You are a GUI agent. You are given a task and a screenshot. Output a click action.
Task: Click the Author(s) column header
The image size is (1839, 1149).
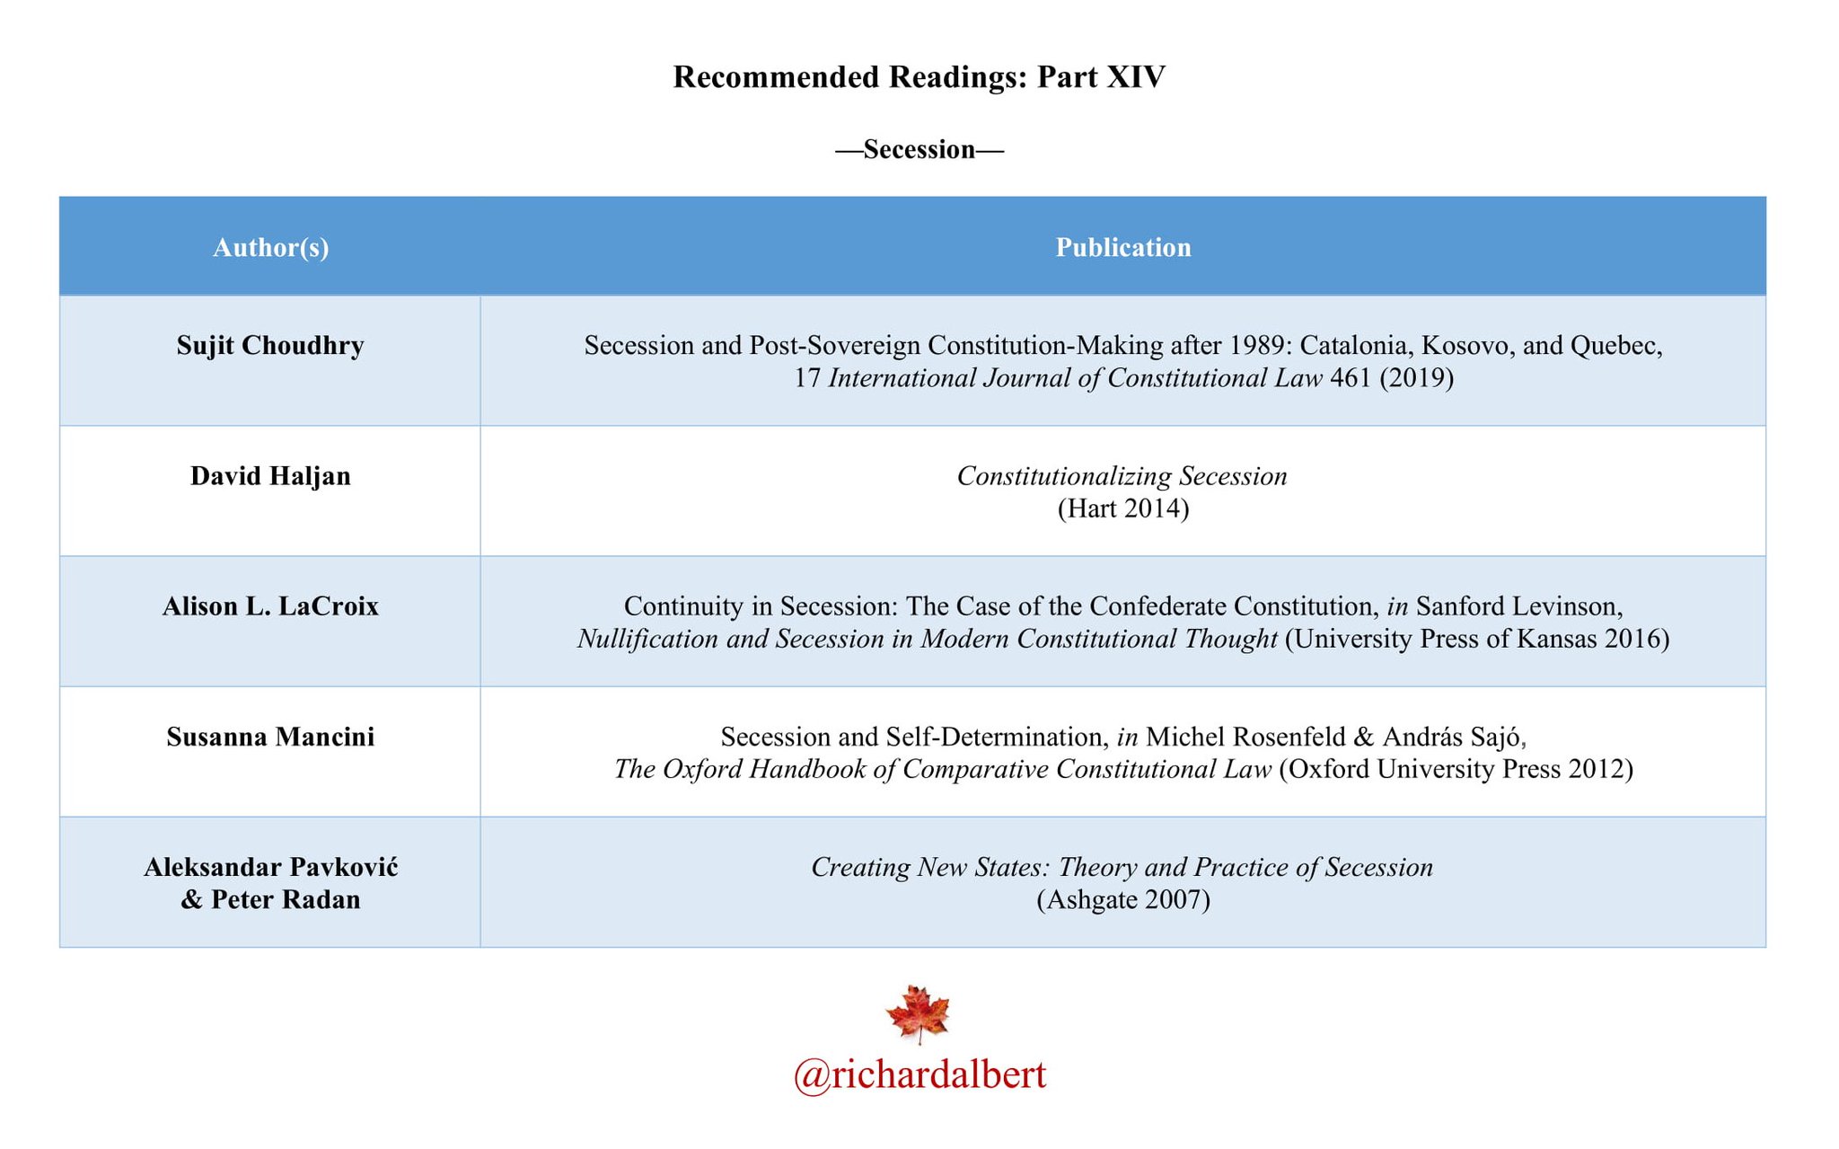(270, 247)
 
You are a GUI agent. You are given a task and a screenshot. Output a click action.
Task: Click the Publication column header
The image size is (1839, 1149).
(1122, 247)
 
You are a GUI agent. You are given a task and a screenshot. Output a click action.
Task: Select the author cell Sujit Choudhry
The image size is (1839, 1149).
(270, 346)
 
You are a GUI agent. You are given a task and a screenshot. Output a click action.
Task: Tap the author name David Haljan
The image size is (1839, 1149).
(270, 476)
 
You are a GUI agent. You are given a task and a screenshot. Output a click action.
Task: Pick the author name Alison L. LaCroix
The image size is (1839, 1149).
(270, 606)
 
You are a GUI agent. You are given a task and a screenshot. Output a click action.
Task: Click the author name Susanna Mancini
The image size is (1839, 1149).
(270, 737)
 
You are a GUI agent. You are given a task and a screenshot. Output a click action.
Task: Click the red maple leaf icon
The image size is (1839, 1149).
(918, 1014)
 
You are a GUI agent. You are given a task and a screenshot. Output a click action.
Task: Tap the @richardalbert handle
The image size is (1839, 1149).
(919, 1074)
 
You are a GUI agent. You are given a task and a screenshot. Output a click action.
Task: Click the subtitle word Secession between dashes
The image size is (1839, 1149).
(919, 149)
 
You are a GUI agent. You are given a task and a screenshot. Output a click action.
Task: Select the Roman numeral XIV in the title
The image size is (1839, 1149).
(1136, 77)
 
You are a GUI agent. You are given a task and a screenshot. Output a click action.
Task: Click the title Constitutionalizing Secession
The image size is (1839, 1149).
(1122, 476)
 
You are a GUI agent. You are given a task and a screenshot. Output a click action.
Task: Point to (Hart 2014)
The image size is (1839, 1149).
(1122, 508)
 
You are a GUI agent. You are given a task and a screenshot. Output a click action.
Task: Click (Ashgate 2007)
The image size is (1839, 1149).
(1122, 899)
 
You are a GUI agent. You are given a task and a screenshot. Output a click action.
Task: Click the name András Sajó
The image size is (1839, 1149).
(1454, 737)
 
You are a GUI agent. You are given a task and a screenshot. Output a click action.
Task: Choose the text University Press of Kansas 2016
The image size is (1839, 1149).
(1477, 639)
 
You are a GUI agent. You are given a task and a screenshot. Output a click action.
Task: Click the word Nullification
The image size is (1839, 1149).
(647, 639)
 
